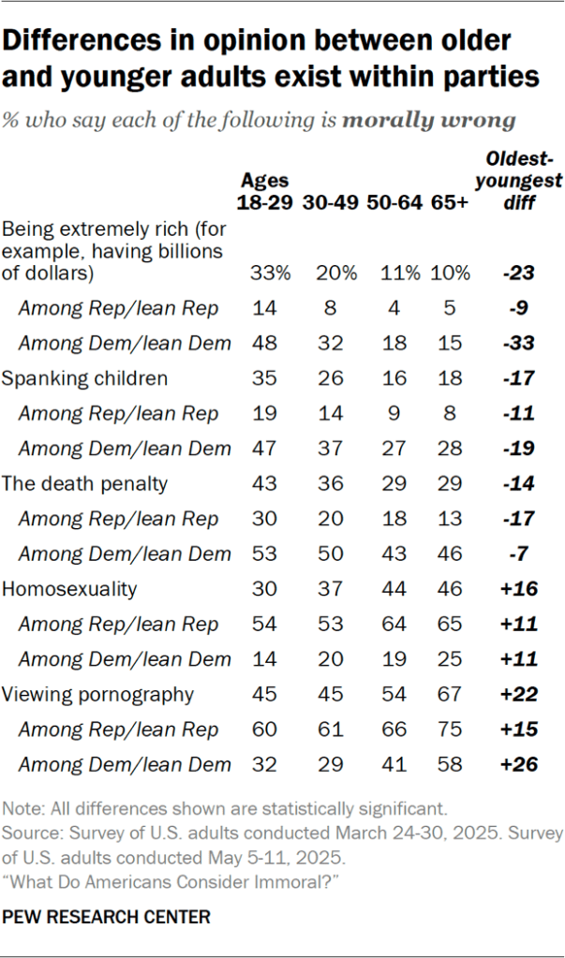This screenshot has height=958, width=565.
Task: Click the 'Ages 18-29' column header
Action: (x=265, y=191)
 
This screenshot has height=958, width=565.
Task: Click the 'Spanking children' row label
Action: (x=85, y=378)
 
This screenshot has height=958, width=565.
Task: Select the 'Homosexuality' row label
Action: (x=70, y=589)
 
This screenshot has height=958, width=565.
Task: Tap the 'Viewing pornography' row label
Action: (x=97, y=695)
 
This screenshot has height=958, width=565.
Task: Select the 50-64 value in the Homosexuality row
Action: (x=397, y=589)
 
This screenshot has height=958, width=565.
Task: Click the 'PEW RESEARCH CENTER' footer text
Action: (x=105, y=917)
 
